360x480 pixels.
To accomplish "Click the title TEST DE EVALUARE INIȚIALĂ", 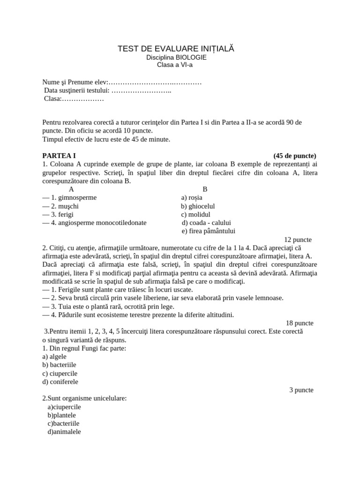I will (175, 49).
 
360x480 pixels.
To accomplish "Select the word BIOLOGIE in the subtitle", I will (191, 57).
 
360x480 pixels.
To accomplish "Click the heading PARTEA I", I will (59, 156).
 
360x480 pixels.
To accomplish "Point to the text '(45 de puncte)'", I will (294, 156).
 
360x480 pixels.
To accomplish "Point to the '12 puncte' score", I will (298, 240).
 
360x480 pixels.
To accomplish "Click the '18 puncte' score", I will (300, 323).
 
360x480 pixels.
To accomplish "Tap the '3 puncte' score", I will (301, 390).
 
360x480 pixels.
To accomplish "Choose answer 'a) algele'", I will (54, 356).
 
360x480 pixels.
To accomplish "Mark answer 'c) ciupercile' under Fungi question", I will (60, 373).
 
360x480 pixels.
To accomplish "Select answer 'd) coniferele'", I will (60, 382).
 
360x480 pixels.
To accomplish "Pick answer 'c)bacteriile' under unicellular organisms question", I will (63, 423).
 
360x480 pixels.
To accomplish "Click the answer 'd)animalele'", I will (64, 432).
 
